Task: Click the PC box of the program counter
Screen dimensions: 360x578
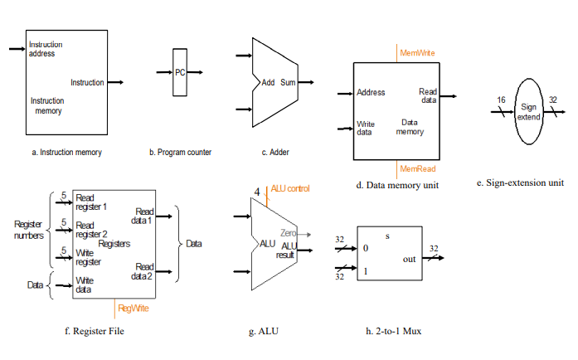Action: pos(180,72)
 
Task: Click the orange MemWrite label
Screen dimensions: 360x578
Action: pos(417,53)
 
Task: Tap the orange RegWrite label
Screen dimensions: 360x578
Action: pos(134,308)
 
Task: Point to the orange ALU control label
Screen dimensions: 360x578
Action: pos(290,189)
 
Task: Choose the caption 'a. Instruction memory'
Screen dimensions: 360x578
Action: pos(66,152)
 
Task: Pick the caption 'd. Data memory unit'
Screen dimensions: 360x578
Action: pos(397,184)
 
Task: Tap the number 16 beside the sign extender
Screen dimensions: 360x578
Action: pos(501,100)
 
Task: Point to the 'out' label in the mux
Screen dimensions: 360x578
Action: pos(409,259)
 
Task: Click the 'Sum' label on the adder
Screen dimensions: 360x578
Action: pos(288,82)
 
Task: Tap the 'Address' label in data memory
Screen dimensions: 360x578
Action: pos(371,92)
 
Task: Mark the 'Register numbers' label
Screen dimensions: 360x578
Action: pos(29,230)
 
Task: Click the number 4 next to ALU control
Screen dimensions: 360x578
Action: pos(257,192)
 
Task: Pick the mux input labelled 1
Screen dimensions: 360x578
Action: pos(365,271)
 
